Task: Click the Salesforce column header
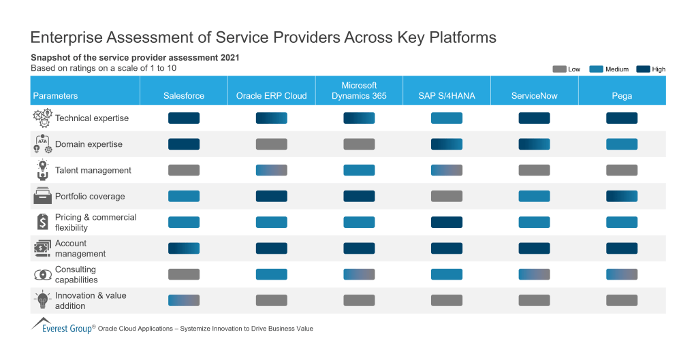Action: click(184, 96)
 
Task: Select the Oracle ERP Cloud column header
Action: click(271, 96)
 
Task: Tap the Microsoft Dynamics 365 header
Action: click(359, 90)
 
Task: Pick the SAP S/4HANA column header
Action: click(447, 96)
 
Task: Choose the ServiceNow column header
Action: click(535, 96)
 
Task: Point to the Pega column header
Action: click(622, 96)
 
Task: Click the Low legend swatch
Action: click(559, 69)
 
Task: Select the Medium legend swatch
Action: click(597, 69)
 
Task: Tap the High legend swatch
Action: click(643, 69)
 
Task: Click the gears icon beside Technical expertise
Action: click(42, 118)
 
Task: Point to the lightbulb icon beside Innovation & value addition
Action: click(42, 300)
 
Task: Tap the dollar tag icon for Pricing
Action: click(42, 222)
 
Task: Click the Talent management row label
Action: click(93, 170)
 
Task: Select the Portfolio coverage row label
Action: click(90, 197)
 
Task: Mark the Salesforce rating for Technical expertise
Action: click(184, 118)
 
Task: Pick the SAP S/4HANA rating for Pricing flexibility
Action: click(447, 222)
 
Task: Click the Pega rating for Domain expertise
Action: click(622, 144)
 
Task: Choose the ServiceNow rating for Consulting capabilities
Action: click(535, 274)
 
